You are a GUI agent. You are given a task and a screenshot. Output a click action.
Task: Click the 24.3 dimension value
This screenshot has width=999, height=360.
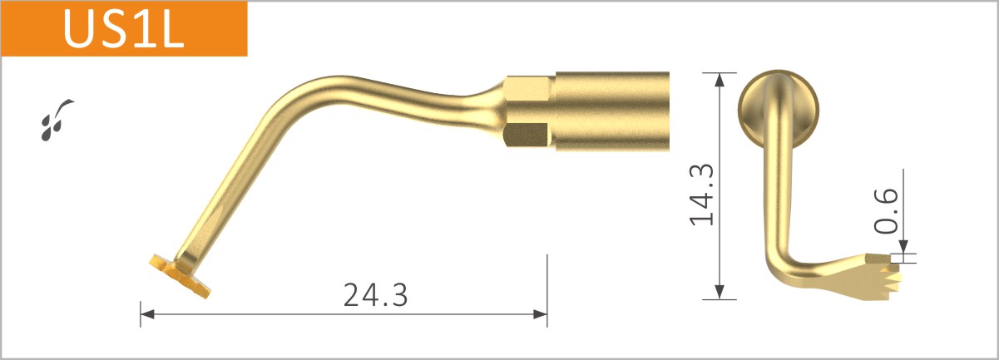coord(375,293)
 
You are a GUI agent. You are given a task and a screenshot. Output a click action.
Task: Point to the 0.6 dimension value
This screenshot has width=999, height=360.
coord(888,210)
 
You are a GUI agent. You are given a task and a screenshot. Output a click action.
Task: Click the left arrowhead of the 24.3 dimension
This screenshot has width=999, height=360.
coord(146,314)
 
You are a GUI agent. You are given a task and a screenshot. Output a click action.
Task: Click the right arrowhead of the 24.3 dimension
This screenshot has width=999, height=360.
coord(540,314)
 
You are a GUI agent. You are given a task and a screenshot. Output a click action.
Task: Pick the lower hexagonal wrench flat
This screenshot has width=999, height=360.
coord(527,136)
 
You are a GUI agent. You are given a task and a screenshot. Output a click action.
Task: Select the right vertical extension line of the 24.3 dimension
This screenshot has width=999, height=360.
coord(546,283)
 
